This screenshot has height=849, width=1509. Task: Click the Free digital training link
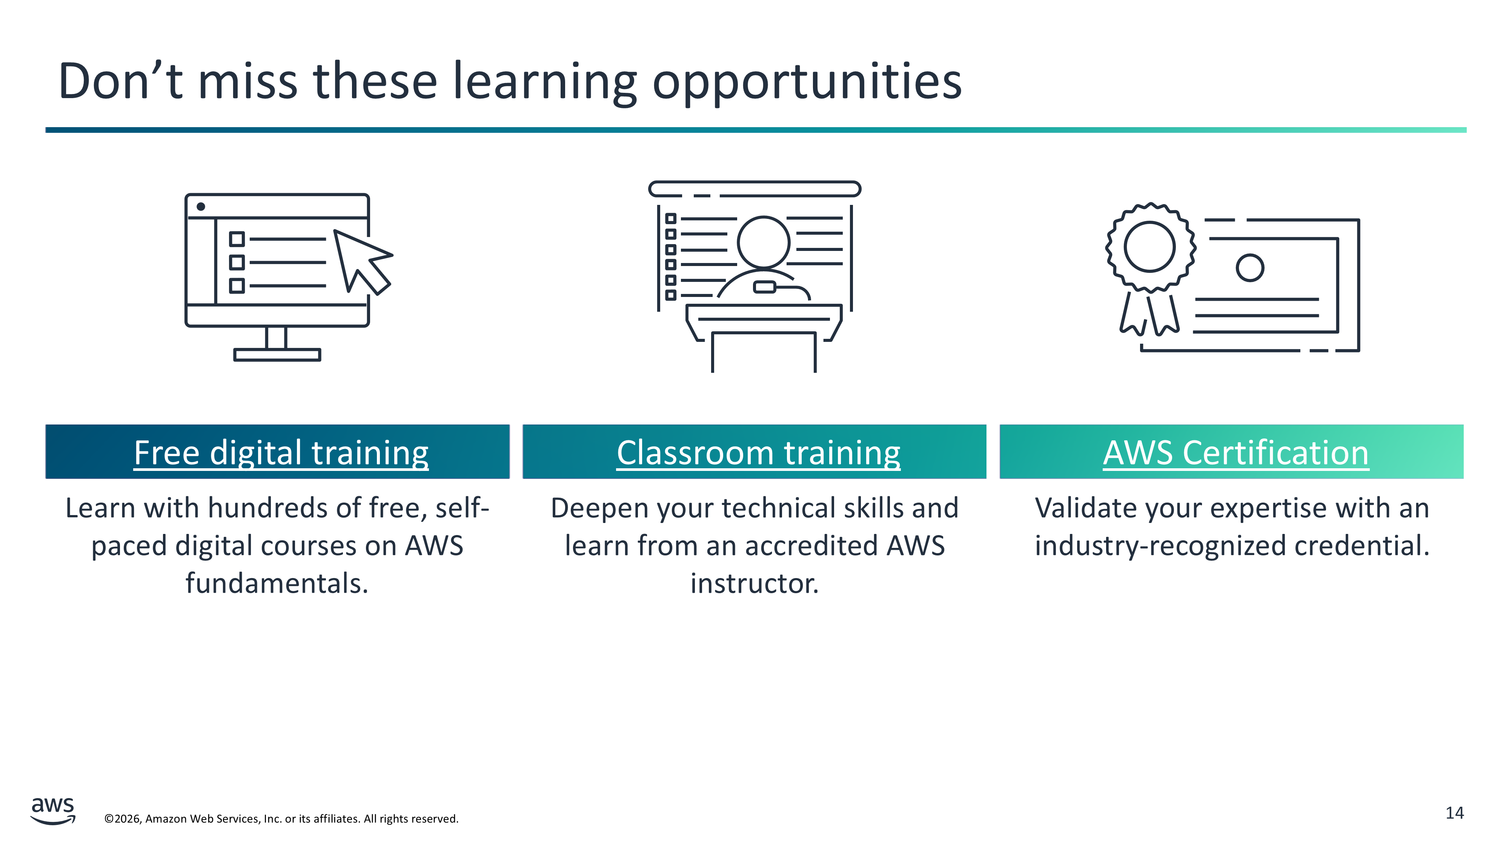(281, 453)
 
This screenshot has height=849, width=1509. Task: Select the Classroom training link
(759, 453)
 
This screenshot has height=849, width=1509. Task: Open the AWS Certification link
(1236, 453)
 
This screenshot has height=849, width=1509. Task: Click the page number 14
(1455, 813)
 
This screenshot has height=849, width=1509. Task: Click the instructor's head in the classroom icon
(763, 242)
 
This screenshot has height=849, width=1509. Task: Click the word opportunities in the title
(807, 82)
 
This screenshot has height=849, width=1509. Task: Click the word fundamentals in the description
(277, 583)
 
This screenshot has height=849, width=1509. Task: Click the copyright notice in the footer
(281, 818)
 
